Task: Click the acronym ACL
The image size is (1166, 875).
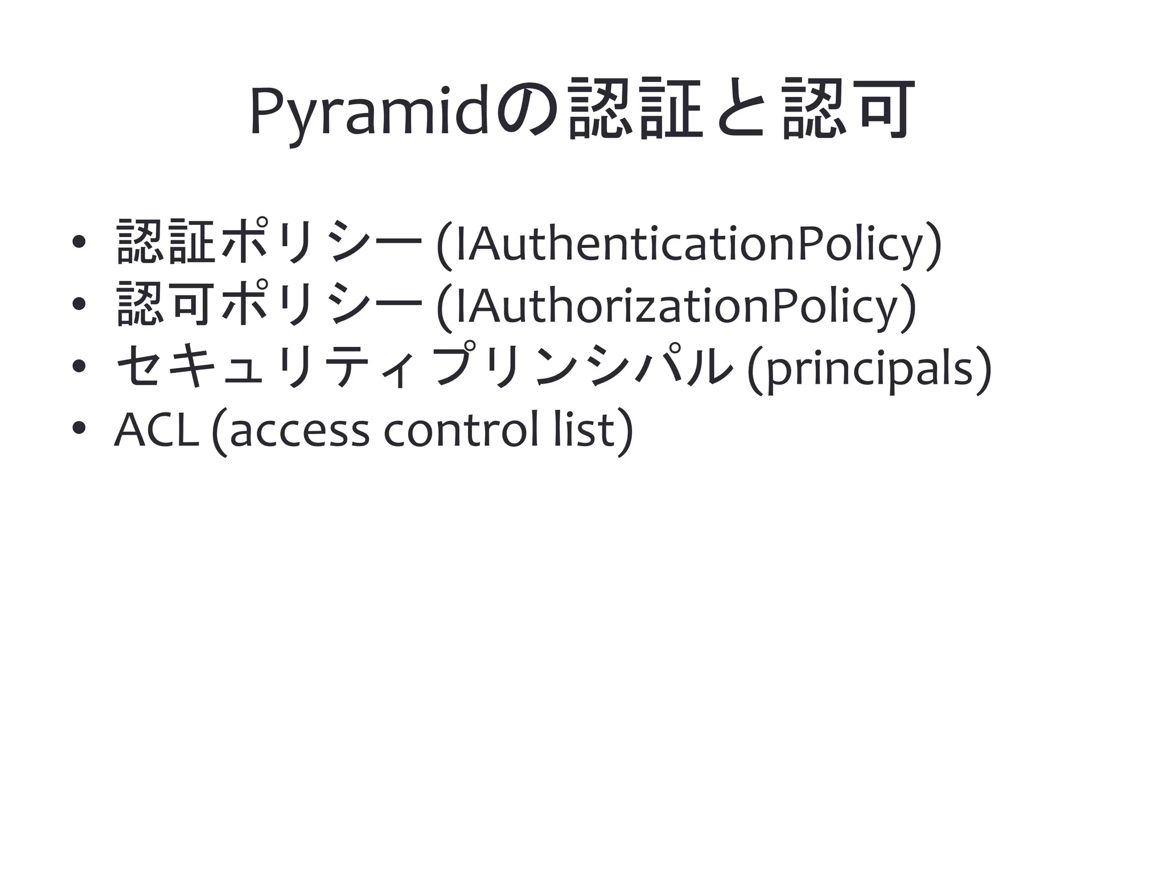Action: (157, 430)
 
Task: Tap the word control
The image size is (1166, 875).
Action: (462, 430)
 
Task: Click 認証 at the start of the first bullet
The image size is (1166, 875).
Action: (166, 242)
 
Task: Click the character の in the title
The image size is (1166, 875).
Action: (527, 111)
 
